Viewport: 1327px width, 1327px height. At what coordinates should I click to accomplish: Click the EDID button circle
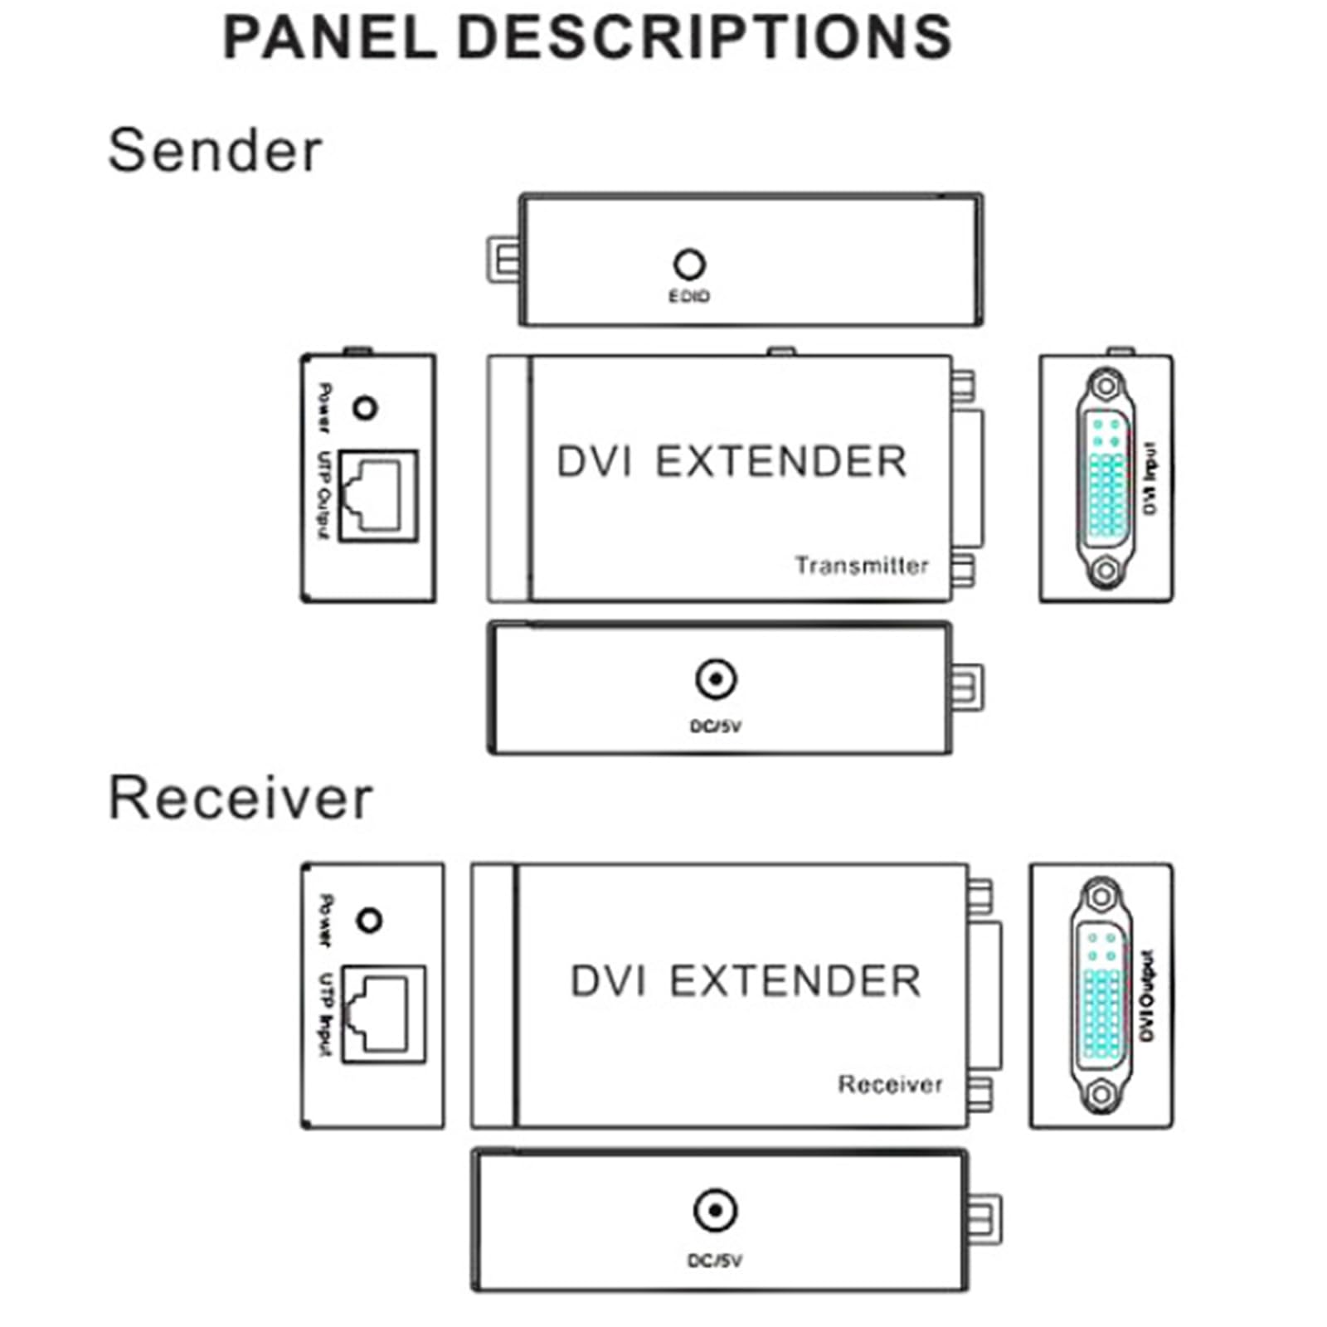(x=689, y=265)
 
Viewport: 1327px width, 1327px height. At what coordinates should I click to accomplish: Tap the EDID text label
(x=689, y=296)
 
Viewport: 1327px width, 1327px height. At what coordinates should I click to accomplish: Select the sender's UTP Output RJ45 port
(x=378, y=496)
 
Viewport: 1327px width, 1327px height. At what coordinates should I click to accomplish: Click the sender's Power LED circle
(x=365, y=408)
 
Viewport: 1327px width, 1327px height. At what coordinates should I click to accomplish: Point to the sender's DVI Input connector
(x=1105, y=479)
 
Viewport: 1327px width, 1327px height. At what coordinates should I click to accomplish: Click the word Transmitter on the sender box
(x=862, y=566)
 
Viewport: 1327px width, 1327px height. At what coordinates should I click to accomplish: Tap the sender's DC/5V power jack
(x=716, y=680)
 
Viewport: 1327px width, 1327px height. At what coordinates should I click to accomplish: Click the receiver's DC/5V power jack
(x=715, y=1212)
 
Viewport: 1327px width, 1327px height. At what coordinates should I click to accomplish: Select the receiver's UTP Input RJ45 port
(x=383, y=1013)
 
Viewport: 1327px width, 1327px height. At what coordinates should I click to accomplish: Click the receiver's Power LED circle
(x=369, y=921)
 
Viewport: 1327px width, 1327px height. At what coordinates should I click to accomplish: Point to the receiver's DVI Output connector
(x=1101, y=995)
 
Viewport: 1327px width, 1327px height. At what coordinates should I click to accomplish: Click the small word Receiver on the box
(x=890, y=1085)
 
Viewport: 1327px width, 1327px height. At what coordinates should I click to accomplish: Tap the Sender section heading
(x=215, y=151)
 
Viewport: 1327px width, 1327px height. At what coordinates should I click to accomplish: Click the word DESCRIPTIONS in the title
(x=705, y=37)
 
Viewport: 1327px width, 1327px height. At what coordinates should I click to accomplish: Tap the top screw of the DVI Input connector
(x=1105, y=386)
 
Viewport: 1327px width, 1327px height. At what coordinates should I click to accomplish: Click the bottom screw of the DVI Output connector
(x=1101, y=1095)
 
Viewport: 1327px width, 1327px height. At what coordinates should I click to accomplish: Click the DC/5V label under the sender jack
(x=716, y=727)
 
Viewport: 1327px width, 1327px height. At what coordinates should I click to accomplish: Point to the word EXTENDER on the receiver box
(x=795, y=981)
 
